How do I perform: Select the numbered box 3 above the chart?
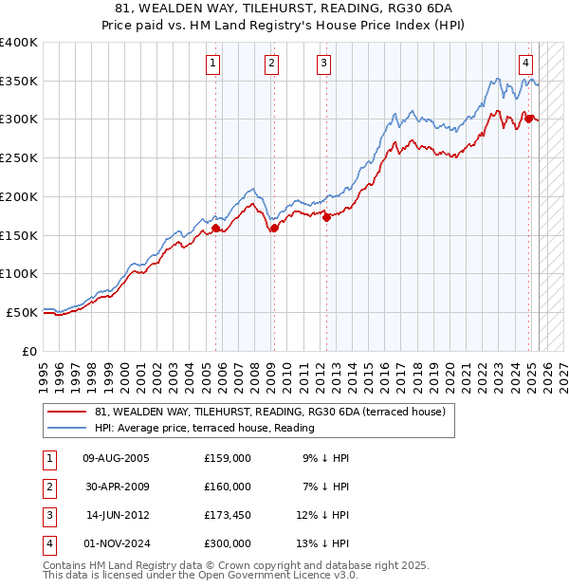(324, 64)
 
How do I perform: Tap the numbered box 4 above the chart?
(525, 64)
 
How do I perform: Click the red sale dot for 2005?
(216, 228)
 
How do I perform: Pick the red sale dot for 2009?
(274, 228)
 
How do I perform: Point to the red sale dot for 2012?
(326, 217)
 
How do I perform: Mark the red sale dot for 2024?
(529, 119)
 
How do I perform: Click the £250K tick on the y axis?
(19, 157)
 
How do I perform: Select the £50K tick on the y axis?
(23, 312)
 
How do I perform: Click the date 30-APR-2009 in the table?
(116, 487)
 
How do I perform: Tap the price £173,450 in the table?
(227, 515)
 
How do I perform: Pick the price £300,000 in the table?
(227, 543)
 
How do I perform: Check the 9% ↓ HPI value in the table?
(326, 458)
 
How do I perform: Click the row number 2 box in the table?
(46, 487)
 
